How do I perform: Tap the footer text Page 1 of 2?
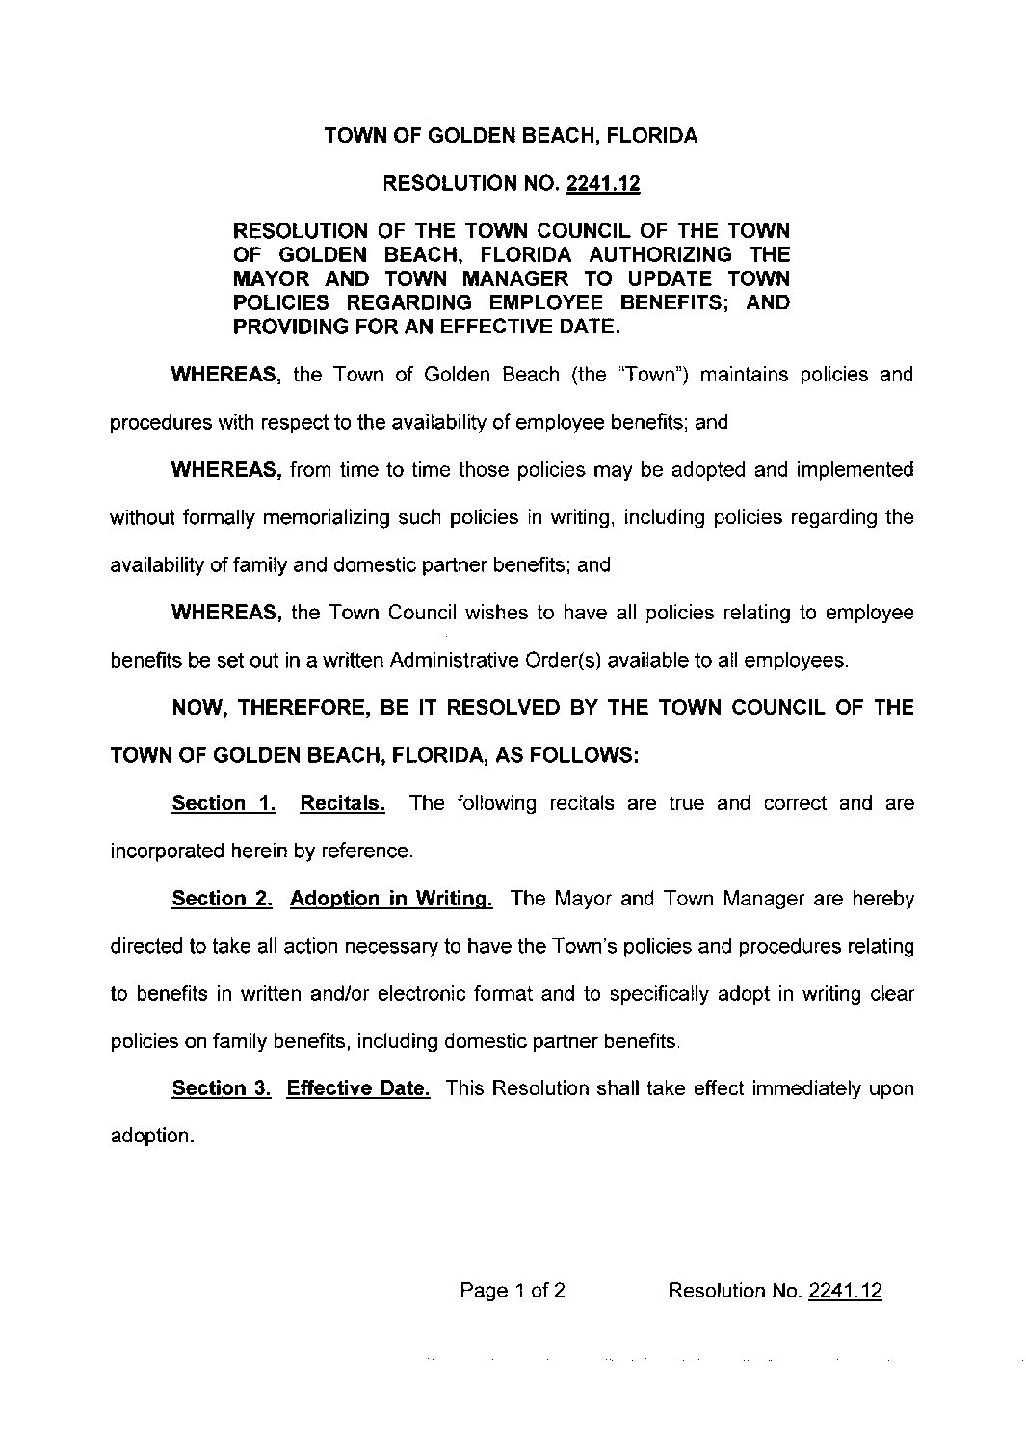point(513,1291)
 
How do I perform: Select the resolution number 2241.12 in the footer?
point(845,1291)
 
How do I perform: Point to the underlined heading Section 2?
point(222,899)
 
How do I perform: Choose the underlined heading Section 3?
point(221,1088)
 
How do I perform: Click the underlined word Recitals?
point(343,803)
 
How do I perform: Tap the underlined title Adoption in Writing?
point(392,899)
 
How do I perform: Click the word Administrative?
point(449,661)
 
